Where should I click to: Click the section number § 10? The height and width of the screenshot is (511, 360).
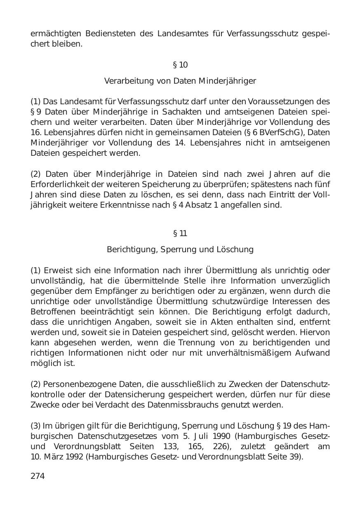click(x=180, y=65)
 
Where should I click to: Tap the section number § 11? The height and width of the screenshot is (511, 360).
click(x=180, y=233)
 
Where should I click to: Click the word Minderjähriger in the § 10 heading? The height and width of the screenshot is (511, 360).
click(x=227, y=81)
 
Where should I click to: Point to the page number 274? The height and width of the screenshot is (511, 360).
click(x=38, y=476)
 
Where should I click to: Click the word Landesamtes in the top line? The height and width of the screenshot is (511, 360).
click(x=183, y=33)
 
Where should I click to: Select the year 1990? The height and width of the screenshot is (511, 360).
click(x=219, y=436)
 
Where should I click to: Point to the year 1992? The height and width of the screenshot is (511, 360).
click(x=74, y=457)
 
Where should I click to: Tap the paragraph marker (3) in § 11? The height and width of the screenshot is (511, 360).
click(x=35, y=426)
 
